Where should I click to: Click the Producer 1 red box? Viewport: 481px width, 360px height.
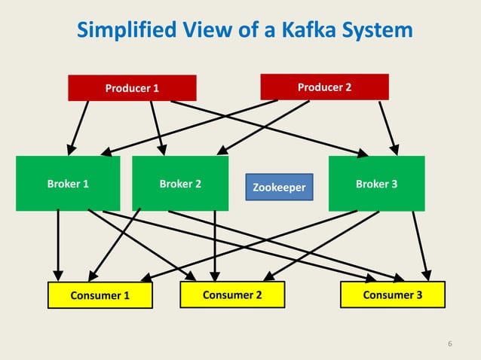click(132, 88)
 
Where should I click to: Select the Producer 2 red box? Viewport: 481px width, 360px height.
click(324, 87)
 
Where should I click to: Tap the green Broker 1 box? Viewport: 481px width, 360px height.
click(68, 183)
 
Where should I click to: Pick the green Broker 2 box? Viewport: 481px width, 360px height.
click(180, 183)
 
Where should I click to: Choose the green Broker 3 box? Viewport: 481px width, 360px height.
click(376, 183)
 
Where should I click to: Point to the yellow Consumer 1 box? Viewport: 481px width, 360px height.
click(100, 295)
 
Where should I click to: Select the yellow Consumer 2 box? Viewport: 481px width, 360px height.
click(232, 294)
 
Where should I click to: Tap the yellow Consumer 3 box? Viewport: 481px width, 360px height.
click(393, 294)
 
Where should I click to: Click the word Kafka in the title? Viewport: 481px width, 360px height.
click(296, 31)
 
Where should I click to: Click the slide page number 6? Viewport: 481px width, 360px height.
click(450, 345)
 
